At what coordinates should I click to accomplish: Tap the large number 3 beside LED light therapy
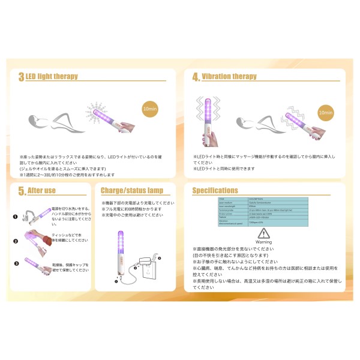point(21,77)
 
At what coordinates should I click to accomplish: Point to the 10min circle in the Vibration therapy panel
point(325,112)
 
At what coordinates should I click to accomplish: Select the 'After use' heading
point(41,191)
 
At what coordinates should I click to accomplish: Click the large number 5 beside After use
point(22,191)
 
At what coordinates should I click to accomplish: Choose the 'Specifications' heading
point(215,191)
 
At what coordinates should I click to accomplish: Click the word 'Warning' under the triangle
point(264,242)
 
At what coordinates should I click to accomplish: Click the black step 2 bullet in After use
point(16,241)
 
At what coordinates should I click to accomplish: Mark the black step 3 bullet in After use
point(16,263)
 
